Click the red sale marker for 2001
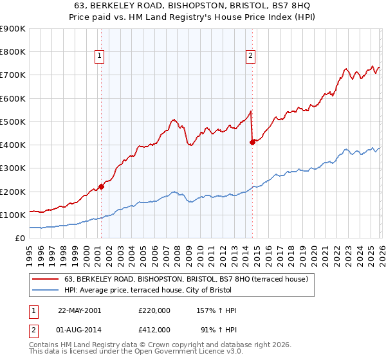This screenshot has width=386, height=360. pos(102,187)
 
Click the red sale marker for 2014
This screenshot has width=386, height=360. pos(252,143)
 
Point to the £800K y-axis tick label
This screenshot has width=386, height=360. pos(13,52)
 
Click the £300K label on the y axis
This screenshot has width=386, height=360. pos(13,168)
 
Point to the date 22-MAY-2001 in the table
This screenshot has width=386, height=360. pos(79,310)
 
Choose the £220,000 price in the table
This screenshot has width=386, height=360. pos(154,310)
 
